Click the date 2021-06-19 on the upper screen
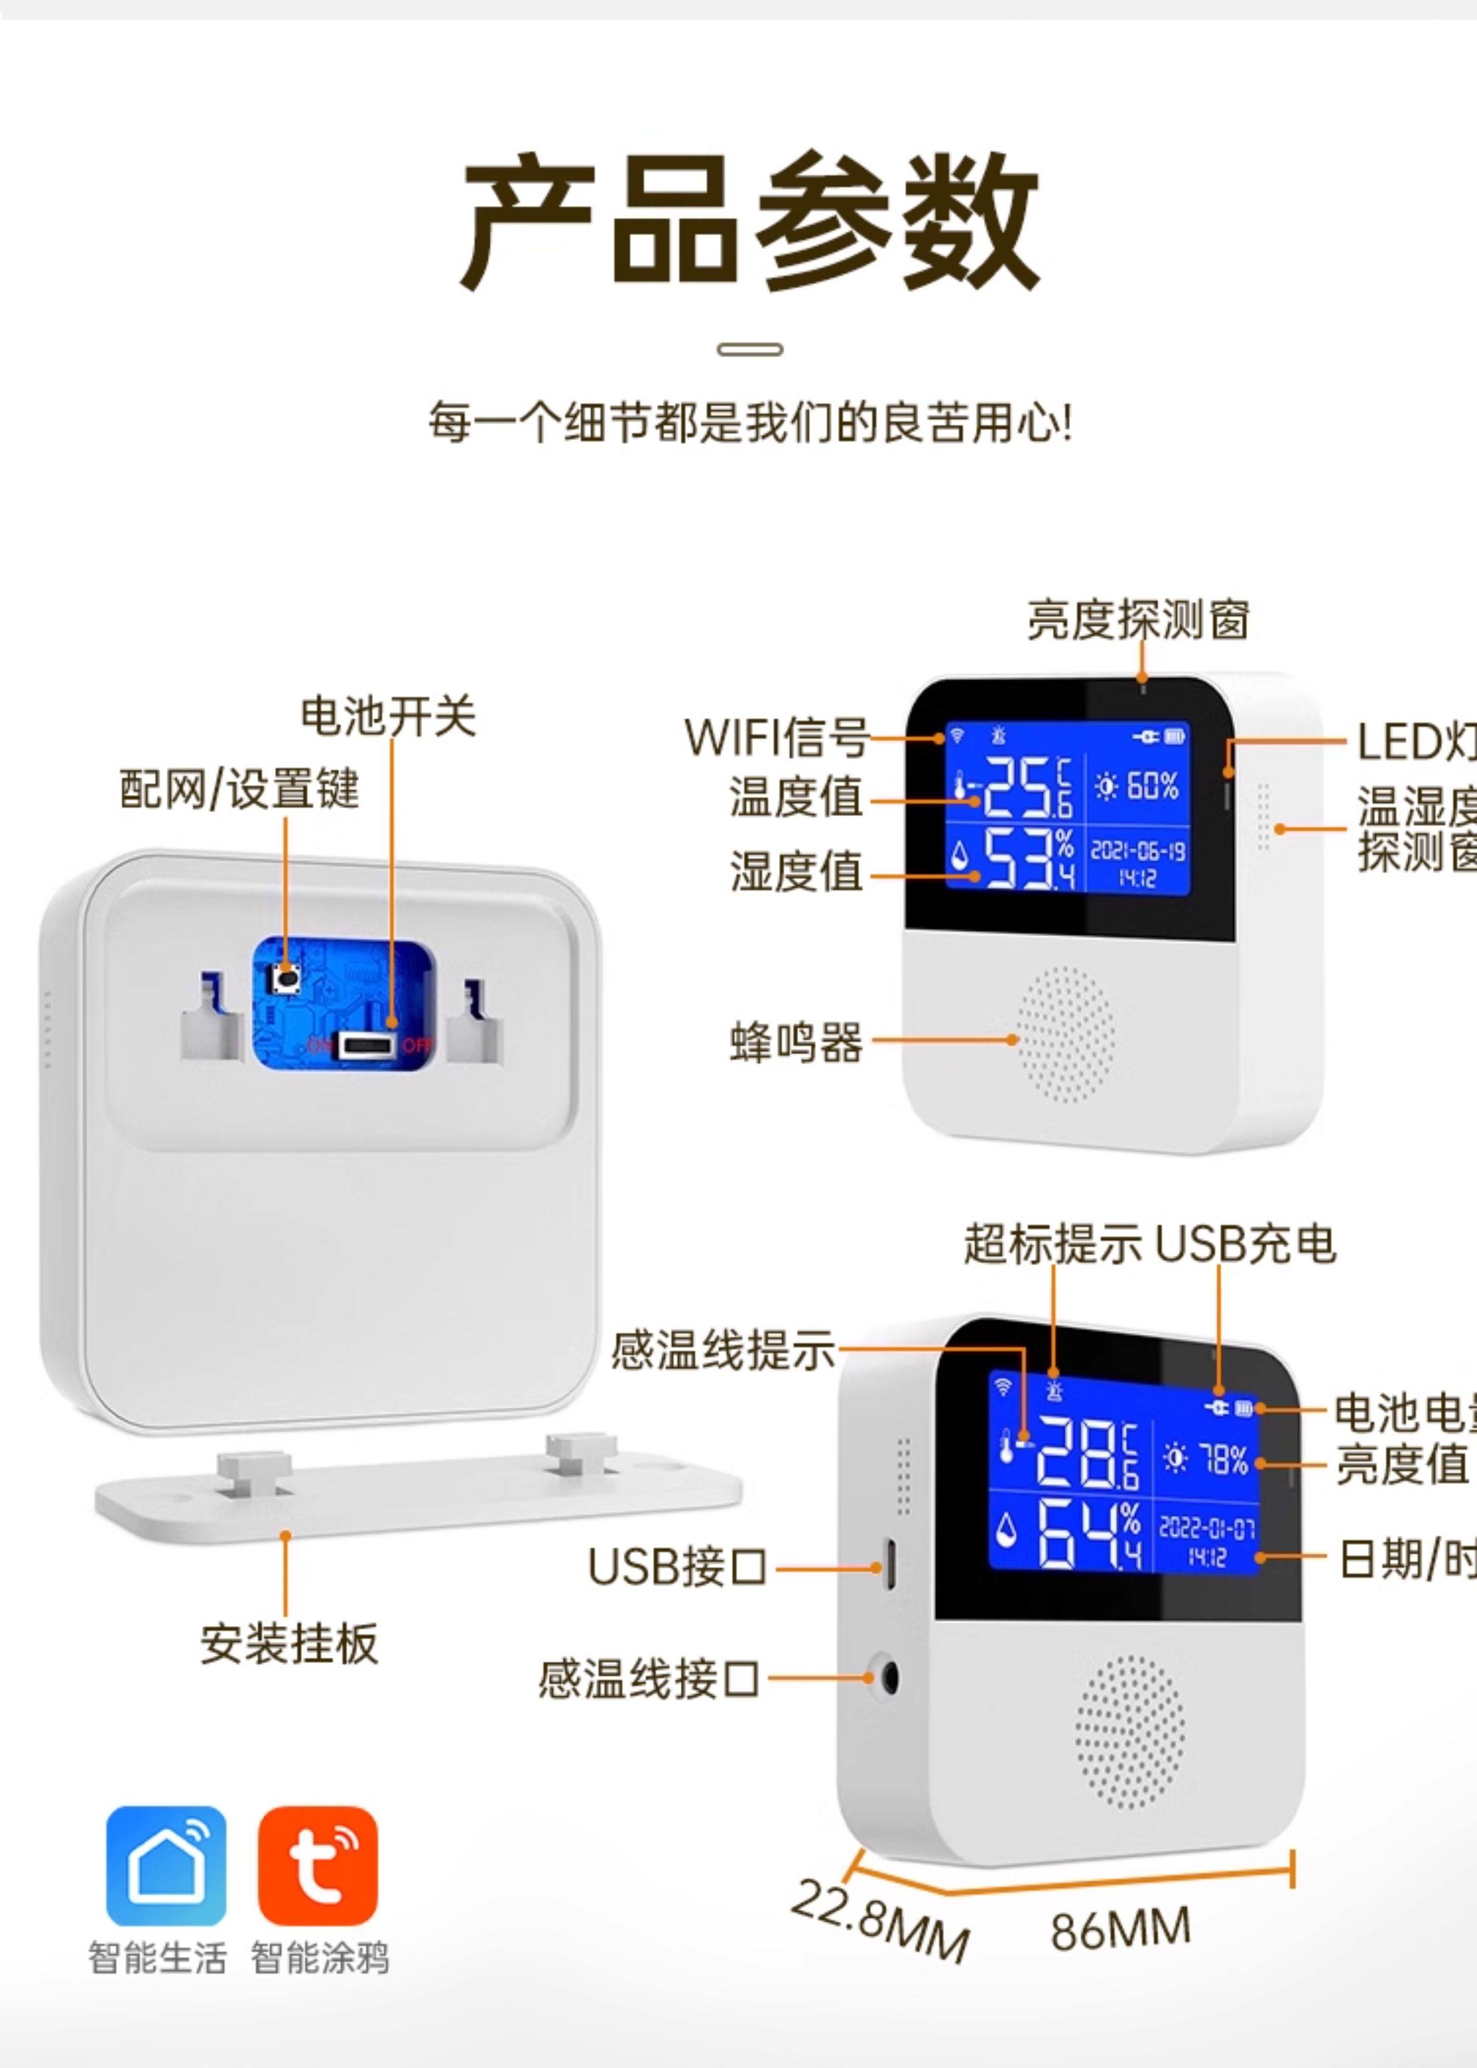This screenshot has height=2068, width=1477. coord(1137,851)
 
